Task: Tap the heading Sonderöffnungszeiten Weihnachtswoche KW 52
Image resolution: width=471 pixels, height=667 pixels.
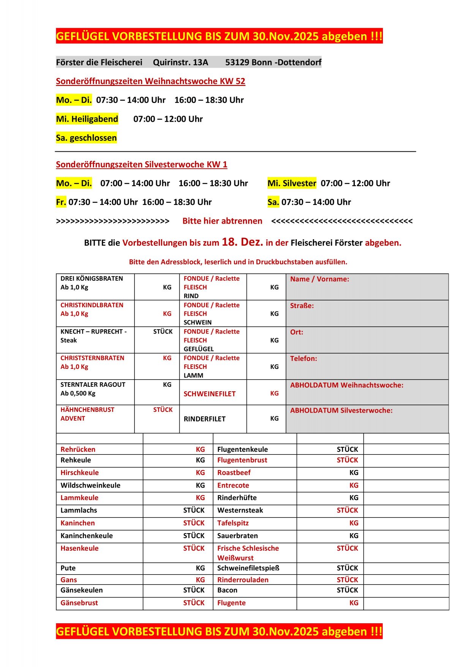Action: [x=150, y=81]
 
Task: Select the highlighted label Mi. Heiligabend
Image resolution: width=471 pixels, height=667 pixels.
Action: [x=87, y=119]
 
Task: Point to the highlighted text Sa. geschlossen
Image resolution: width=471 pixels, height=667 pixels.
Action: [x=86, y=138]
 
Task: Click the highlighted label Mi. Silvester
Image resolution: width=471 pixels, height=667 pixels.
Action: [x=292, y=183]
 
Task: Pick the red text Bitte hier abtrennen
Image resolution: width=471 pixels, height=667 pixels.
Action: [x=222, y=221]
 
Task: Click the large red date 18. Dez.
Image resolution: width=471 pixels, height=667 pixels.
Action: [x=242, y=242]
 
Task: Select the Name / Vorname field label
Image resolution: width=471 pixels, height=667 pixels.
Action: [x=319, y=279]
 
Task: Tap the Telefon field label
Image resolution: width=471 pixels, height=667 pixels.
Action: [x=303, y=359]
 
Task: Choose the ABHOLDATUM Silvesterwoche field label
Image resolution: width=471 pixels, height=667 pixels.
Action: [x=341, y=410]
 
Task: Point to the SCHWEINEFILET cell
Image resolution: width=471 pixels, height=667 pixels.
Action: [x=209, y=394]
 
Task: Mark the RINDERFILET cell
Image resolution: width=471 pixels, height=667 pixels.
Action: [x=204, y=419]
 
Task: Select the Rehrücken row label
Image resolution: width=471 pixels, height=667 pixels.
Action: [x=78, y=449]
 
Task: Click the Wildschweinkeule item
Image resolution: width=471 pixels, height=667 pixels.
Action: [x=90, y=485]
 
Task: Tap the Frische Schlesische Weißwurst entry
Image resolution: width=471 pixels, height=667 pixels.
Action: [x=248, y=553]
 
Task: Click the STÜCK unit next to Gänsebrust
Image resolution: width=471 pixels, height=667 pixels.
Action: [x=194, y=603]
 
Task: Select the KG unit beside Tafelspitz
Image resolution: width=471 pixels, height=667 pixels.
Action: [x=354, y=523]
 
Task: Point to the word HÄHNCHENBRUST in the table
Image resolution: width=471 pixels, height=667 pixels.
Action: [x=87, y=410]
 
